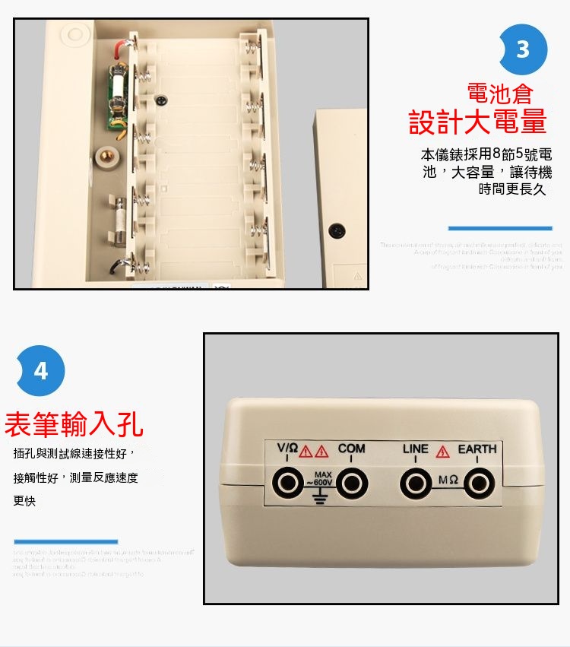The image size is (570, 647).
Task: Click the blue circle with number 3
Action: point(522,49)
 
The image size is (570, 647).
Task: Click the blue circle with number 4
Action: point(40,371)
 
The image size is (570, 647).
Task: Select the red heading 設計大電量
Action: point(478,122)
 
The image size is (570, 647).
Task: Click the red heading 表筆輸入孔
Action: point(74,424)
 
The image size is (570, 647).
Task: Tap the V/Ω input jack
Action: point(288,482)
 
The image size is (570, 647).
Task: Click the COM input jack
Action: point(350,482)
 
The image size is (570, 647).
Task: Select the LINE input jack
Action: point(415,482)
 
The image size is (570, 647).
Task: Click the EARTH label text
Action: point(477,449)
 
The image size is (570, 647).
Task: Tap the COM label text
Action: point(351,449)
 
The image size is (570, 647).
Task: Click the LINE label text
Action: point(416,449)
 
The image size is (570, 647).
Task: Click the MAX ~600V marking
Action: point(319,479)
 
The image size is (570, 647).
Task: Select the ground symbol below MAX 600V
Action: point(319,498)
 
